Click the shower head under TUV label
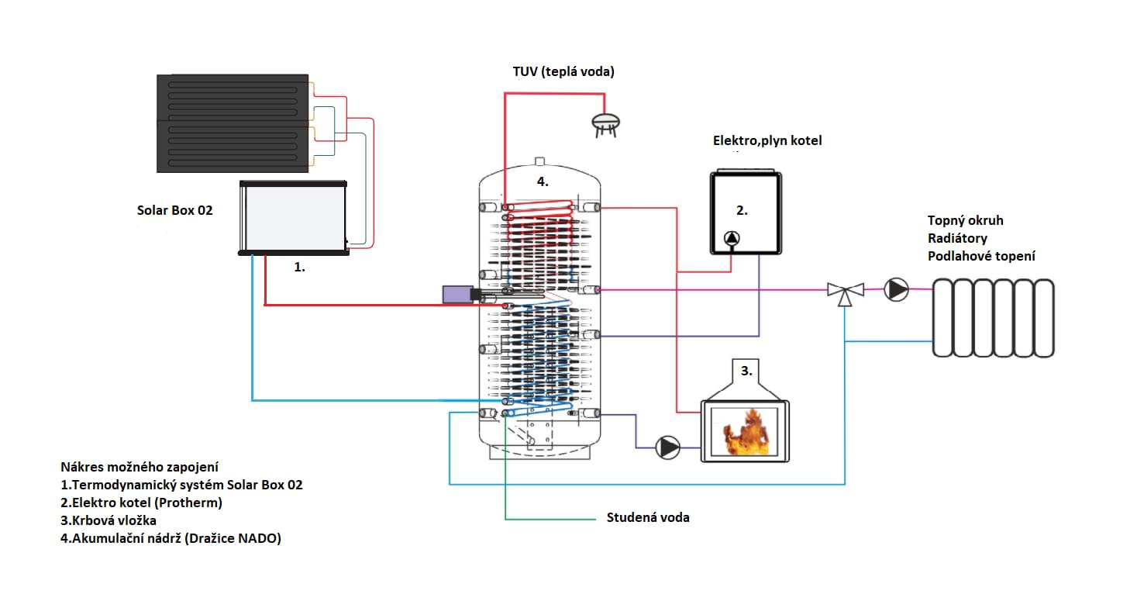tap(605, 125)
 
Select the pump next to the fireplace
tap(667, 447)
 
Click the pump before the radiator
tap(896, 290)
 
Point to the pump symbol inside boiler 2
tap(732, 238)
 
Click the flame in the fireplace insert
tap(746, 433)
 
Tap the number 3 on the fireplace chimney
tap(746, 371)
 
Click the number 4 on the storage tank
tap(543, 181)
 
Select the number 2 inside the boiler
tap(742, 210)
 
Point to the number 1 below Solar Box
tap(299, 267)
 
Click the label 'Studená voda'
tap(648, 517)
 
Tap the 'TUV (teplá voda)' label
tap(563, 71)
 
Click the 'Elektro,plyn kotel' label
tap(767, 140)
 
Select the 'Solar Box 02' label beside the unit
tap(174, 210)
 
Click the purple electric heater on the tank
tap(457, 295)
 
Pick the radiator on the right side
tap(994, 318)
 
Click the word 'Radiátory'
tap(957, 238)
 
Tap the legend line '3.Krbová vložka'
tap(109, 520)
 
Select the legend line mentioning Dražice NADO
tap(171, 538)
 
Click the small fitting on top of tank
tap(539, 161)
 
